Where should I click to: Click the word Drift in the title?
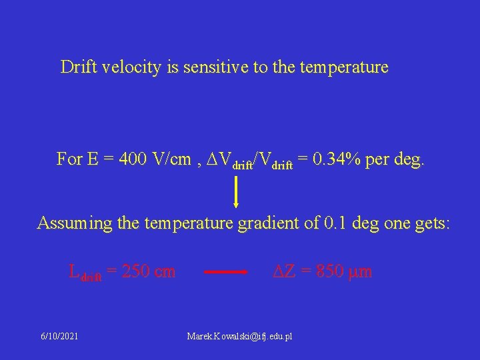(x=78, y=67)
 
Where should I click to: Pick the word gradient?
(x=262, y=223)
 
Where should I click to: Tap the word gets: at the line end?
(x=431, y=223)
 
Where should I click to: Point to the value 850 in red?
(x=329, y=271)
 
